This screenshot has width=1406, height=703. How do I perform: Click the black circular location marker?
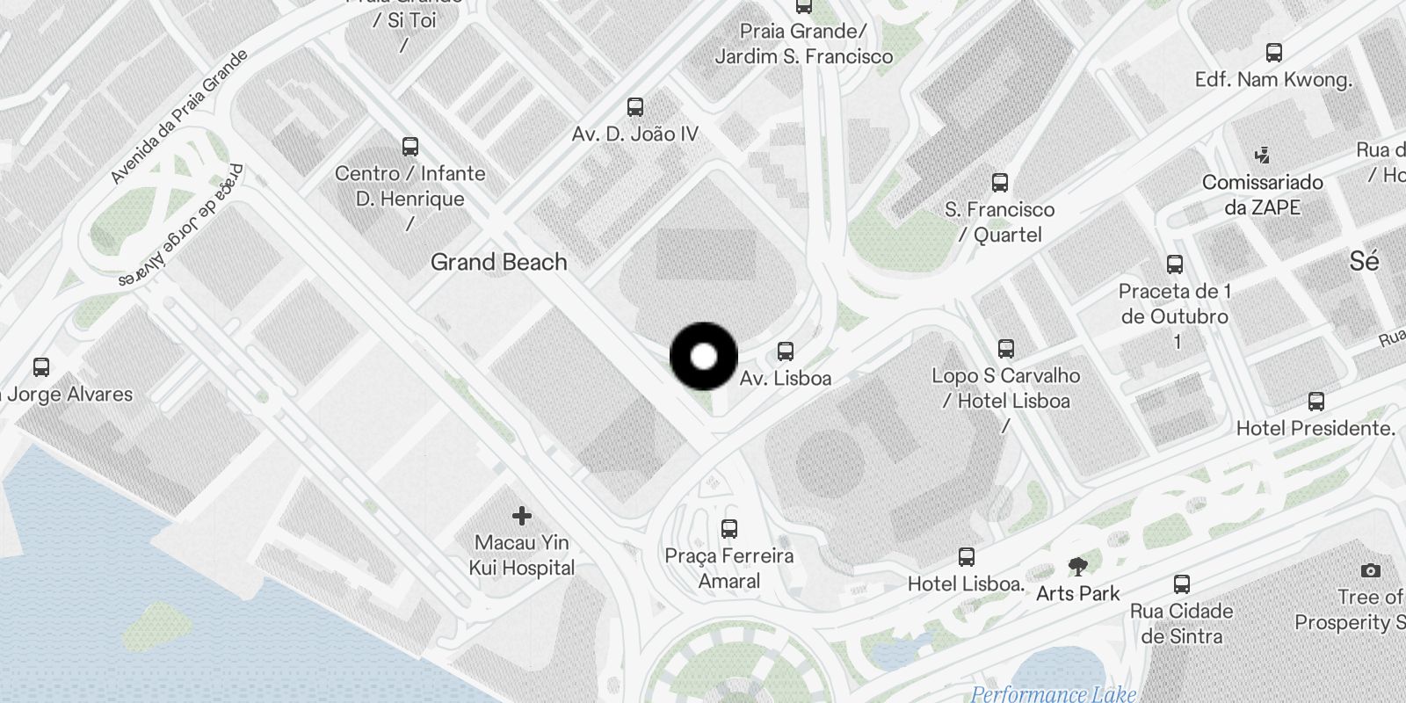coord(704,357)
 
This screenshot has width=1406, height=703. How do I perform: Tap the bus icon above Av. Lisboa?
coord(786,351)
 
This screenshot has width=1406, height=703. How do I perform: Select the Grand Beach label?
coord(498,262)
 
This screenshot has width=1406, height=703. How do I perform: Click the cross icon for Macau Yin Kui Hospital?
coord(522,515)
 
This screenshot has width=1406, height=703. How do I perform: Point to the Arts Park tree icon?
coord(1078,567)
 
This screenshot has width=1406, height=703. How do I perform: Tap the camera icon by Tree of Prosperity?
coord(1370,570)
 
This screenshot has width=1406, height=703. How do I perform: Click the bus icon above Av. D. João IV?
coord(635,107)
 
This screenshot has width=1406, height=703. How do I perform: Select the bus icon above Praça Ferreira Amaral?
coord(728,528)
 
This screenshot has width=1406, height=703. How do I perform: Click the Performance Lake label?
coord(1053,694)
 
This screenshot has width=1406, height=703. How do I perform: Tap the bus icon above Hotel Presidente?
coord(1315,402)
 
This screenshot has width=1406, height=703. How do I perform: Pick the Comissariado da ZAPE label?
coord(1263,194)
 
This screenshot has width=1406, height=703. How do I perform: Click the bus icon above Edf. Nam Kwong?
coord(1273,53)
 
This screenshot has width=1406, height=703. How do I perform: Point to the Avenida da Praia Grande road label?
coord(179,116)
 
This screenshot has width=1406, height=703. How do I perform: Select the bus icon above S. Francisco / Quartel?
coord(999,183)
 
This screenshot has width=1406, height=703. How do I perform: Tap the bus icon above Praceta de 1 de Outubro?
coord(1175,264)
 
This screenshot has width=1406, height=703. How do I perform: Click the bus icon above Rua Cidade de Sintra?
coord(1182,583)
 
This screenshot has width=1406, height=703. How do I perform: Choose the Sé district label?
coord(1364,261)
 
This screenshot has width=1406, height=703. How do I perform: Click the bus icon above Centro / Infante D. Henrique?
coord(409,146)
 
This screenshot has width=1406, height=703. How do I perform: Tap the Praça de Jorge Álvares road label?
coord(182,228)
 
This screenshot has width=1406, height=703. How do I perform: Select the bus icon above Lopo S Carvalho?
coord(1006,348)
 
